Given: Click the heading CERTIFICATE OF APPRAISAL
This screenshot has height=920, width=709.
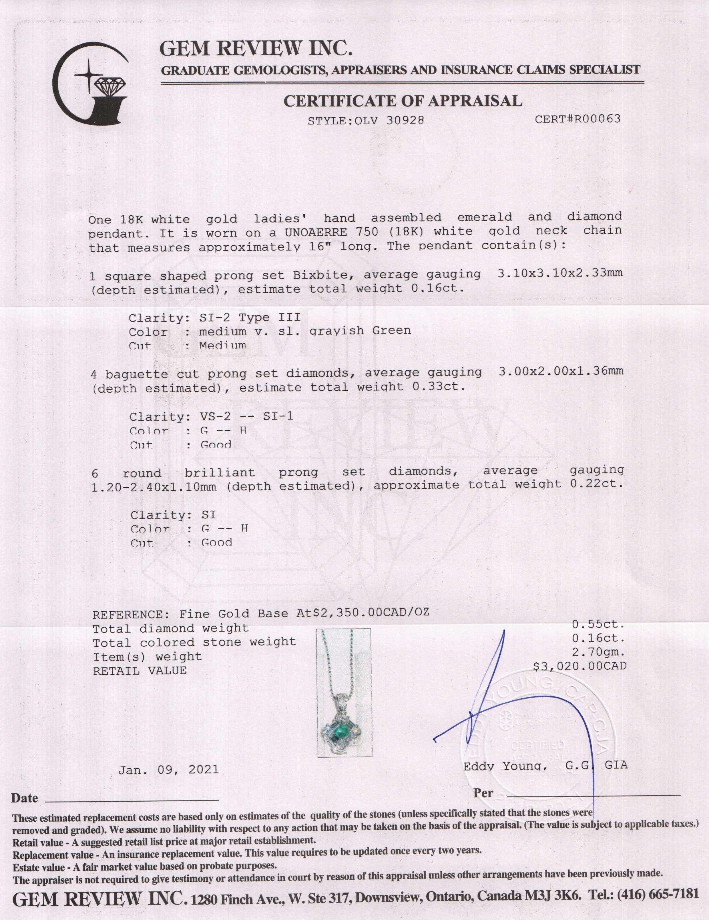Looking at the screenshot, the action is tap(403, 101).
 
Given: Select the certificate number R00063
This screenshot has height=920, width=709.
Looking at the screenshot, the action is tap(594, 119).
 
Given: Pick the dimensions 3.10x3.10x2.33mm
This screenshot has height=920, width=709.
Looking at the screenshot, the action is tap(559, 273).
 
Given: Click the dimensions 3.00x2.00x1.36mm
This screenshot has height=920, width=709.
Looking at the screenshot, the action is tap(560, 371).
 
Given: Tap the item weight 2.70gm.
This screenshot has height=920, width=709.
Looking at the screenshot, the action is tap(598, 652).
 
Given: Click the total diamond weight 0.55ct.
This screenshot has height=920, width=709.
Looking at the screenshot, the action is tap(598, 624).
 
